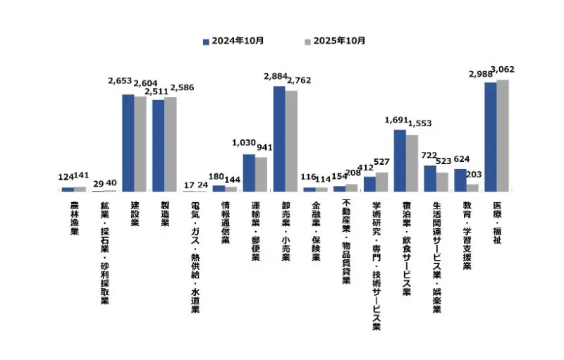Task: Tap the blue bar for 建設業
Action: click(128, 142)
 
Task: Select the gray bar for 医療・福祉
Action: click(503, 135)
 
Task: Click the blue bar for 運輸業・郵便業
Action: click(249, 173)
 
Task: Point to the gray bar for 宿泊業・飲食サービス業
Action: click(412, 163)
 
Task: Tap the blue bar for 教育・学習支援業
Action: click(460, 180)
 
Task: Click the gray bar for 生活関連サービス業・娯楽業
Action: click(442, 182)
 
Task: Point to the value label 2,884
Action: click(275, 75)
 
